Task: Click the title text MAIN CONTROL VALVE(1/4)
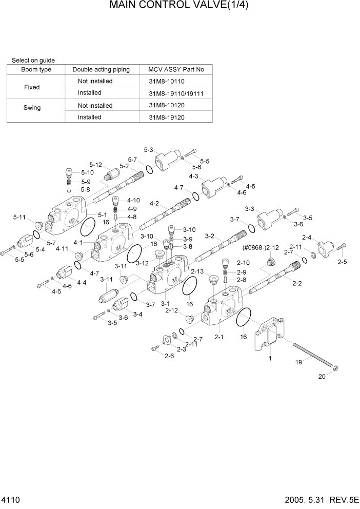[x=179, y=6]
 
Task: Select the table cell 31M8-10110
[x=166, y=82]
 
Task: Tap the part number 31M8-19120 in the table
[x=166, y=118]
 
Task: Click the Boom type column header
[x=36, y=70]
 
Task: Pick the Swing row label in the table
[x=32, y=108]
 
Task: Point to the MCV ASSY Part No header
[x=176, y=70]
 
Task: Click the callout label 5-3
[x=148, y=150]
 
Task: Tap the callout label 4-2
[x=154, y=204]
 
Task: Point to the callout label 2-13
[x=197, y=271]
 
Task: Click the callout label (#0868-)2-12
[x=261, y=248]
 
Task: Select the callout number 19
[x=298, y=362]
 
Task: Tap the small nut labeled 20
[x=335, y=368]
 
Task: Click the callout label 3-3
[x=250, y=209]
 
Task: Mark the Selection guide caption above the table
[x=33, y=60]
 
